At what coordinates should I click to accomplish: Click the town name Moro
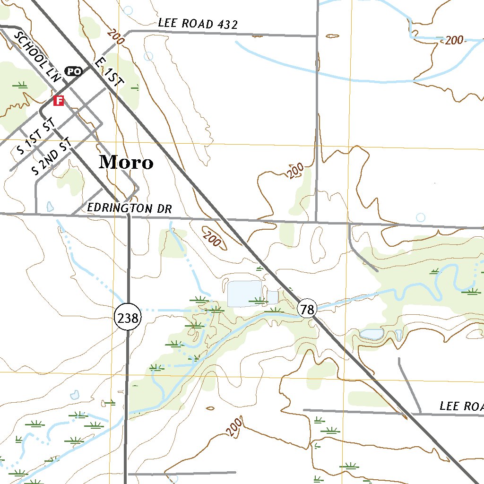pyautogui.click(x=126, y=162)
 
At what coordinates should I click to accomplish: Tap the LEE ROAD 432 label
pyautogui.click(x=198, y=24)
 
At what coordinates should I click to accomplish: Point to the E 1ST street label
pyautogui.click(x=109, y=72)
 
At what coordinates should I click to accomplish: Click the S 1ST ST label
pyautogui.click(x=36, y=138)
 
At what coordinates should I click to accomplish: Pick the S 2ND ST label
pyautogui.click(x=52, y=156)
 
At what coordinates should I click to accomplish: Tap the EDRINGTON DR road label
pyautogui.click(x=130, y=208)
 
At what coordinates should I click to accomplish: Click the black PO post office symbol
pyautogui.click(x=73, y=71)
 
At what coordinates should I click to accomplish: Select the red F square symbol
pyautogui.click(x=58, y=101)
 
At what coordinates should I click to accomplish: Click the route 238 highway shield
pyautogui.click(x=128, y=318)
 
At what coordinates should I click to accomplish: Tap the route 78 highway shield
pyautogui.click(x=307, y=310)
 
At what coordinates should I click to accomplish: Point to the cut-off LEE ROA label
pyautogui.click(x=461, y=406)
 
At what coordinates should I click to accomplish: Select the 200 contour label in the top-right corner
pyautogui.click(x=454, y=41)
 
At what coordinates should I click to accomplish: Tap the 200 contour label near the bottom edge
pyautogui.click(x=234, y=427)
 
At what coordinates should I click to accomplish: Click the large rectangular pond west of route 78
pyautogui.click(x=244, y=294)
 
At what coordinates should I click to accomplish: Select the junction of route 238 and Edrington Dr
pyautogui.click(x=129, y=216)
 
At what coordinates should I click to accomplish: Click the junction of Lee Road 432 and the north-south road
pyautogui.click(x=317, y=35)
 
